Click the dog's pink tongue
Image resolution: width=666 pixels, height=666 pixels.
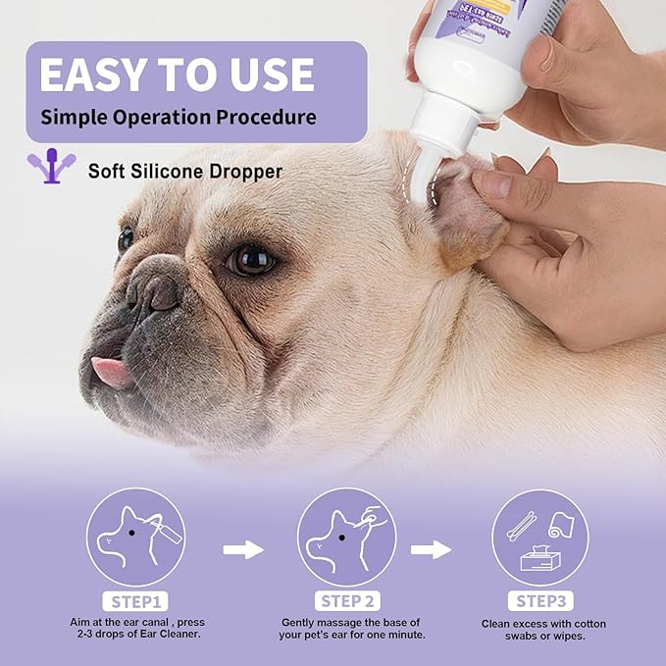pyautogui.click(x=111, y=371)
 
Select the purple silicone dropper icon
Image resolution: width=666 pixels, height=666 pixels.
pyautogui.click(x=50, y=167)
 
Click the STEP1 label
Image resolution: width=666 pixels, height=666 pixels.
pyautogui.click(x=134, y=600)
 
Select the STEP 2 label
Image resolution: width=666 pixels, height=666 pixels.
pyautogui.click(x=346, y=600)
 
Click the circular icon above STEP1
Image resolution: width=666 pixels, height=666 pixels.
pyautogui.click(x=135, y=537)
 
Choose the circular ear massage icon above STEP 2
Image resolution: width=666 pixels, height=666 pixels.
pyautogui.click(x=346, y=537)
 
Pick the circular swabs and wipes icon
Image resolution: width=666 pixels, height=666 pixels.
pyautogui.click(x=540, y=537)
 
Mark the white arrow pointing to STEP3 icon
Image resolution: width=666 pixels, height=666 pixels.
pyautogui.click(x=431, y=549)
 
